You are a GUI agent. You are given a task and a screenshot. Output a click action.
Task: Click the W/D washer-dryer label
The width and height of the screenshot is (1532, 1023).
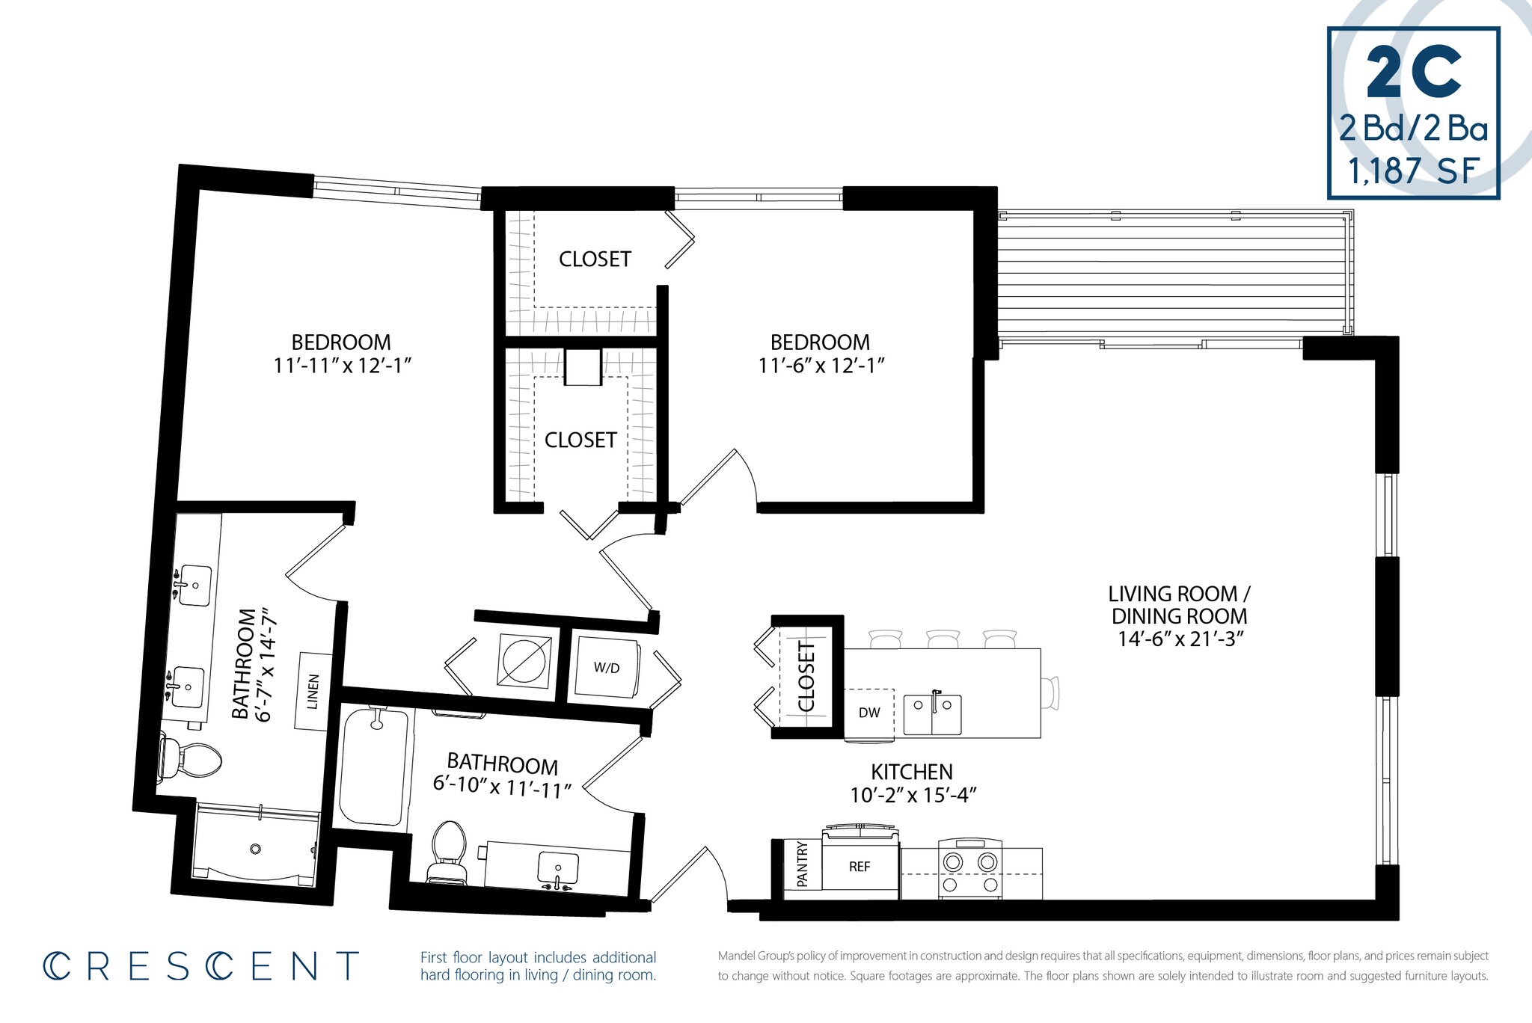coord(607,668)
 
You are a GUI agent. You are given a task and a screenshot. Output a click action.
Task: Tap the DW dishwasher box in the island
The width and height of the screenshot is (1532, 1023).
coord(869,713)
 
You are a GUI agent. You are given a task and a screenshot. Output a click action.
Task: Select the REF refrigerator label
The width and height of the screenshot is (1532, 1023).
coord(860,867)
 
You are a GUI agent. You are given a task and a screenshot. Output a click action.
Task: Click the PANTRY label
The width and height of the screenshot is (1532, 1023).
coord(803,864)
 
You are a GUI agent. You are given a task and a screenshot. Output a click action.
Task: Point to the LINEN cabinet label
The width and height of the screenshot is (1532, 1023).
coord(313,692)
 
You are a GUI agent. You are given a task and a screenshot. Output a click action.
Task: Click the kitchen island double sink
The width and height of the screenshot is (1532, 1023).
coord(932,715)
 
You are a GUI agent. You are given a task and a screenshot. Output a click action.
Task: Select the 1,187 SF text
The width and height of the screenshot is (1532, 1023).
coord(1413,170)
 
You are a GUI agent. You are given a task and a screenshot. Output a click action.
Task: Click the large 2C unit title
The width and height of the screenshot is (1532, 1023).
coord(1413,73)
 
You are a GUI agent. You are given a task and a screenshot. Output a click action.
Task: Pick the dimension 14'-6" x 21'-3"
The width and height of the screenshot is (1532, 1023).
coord(1180,639)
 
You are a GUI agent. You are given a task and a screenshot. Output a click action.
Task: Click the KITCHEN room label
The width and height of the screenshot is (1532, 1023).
coord(912,772)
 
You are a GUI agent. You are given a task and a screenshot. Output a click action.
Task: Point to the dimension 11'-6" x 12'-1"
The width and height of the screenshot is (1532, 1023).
coord(821,366)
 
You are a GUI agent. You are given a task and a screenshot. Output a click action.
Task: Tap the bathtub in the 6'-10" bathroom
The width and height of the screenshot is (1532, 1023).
coord(373,767)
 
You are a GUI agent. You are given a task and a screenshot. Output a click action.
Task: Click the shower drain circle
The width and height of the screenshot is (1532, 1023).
coord(255,849)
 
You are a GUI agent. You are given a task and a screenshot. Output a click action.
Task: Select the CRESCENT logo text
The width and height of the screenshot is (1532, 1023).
coord(200,966)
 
